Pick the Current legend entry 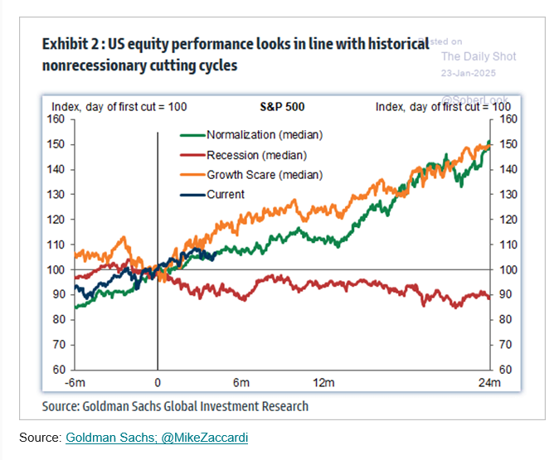coord(226,195)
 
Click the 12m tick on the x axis coord(323,382)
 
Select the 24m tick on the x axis coord(489,382)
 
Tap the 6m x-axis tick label coord(241,382)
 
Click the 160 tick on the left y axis coord(56,119)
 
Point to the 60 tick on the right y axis coord(504,370)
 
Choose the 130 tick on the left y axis coord(56,195)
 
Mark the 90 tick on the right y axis coord(504,295)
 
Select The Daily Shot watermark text coord(478,56)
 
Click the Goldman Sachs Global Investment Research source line coord(175,406)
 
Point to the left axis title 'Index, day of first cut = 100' coord(119,107)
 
